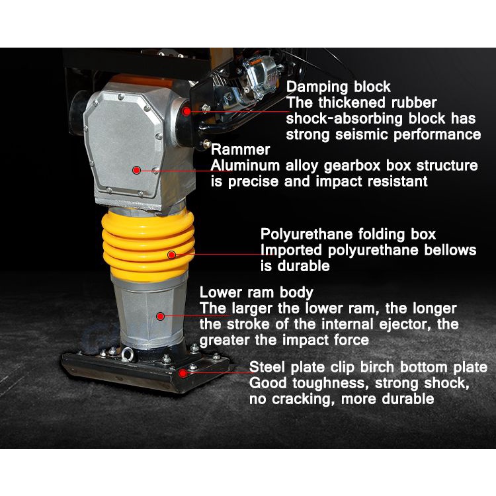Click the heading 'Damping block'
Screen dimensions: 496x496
point(338,87)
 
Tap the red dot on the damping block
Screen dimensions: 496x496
point(186,111)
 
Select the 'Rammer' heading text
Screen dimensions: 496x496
point(241,149)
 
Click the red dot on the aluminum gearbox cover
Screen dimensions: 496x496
point(136,170)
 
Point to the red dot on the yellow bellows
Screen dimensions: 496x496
point(171,255)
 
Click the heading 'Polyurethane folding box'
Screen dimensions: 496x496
point(348,234)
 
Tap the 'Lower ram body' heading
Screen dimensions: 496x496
point(256,292)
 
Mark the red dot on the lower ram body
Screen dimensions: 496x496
point(161,315)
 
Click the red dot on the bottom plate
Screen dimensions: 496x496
point(183,373)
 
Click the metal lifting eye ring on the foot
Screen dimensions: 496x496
point(127,354)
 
